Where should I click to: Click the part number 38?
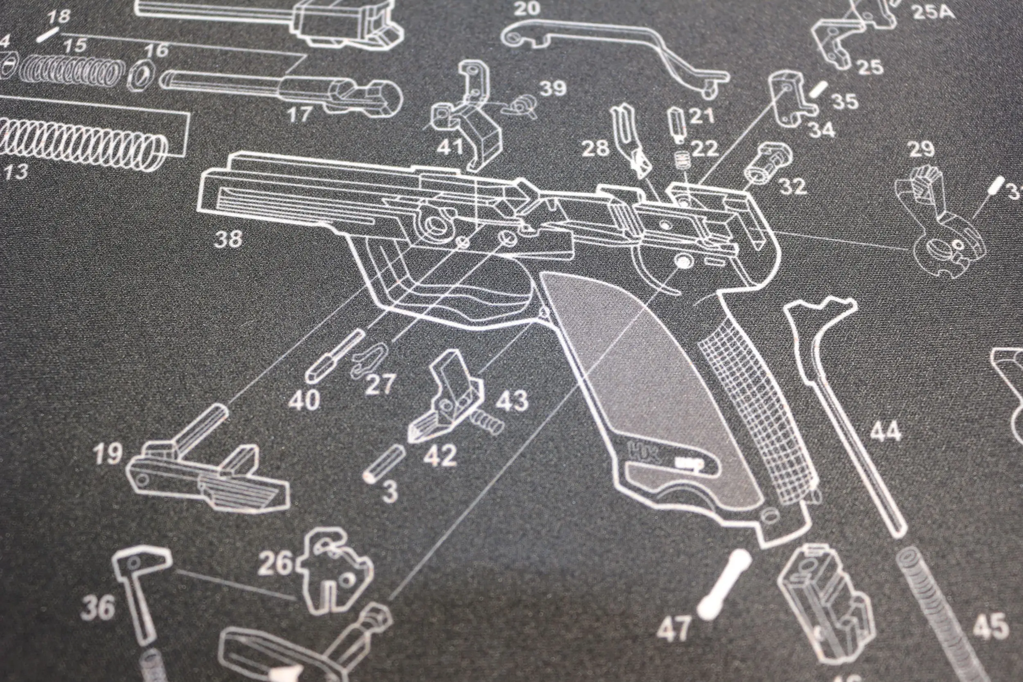pyautogui.click(x=228, y=239)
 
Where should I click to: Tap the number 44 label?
pyautogui.click(x=886, y=432)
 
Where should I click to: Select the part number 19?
pyautogui.click(x=108, y=453)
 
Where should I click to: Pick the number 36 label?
pyautogui.click(x=98, y=608)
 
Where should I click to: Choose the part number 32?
pyautogui.click(x=793, y=186)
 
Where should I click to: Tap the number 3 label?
pyautogui.click(x=390, y=491)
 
